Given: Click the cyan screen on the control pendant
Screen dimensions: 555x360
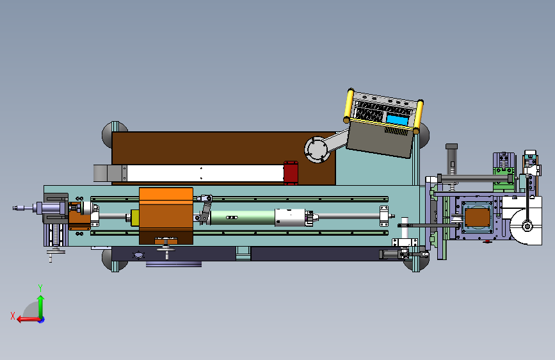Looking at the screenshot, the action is coord(397,120).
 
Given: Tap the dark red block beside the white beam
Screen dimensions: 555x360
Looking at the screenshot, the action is coord(291,173).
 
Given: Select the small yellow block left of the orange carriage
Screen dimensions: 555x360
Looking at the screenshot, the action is coord(135,218).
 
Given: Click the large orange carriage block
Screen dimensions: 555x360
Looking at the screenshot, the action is coord(166,215).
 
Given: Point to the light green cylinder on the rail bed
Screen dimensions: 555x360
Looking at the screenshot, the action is coord(243,218).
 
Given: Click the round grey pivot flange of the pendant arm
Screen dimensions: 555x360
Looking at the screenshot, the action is coord(317,149).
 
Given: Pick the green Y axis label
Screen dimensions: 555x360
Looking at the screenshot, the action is coord(40,288).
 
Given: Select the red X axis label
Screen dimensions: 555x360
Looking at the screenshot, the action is coord(13,316).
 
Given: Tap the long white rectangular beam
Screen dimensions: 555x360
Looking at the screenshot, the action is coord(205,173).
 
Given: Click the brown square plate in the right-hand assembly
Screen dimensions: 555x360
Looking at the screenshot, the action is coord(477,217).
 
